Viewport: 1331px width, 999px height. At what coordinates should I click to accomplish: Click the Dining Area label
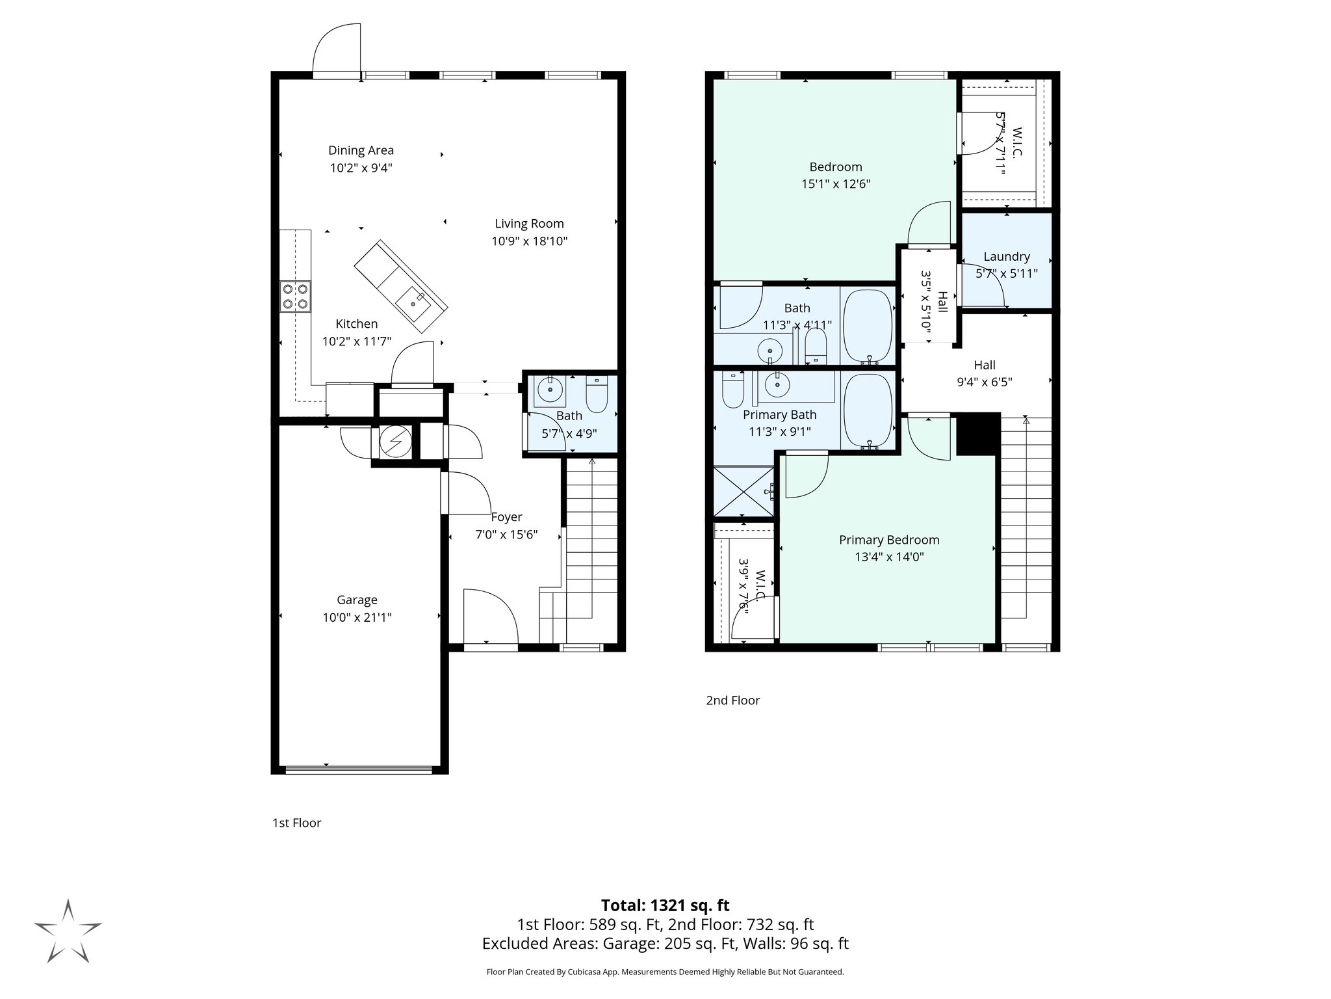[x=361, y=150]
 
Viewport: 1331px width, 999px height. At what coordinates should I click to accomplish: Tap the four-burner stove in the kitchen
[x=295, y=296]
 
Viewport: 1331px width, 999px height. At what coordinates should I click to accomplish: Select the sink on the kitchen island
[x=412, y=302]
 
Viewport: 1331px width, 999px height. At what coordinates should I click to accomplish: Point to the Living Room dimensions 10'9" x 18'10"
[x=529, y=241]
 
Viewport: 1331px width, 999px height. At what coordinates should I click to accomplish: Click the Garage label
[x=357, y=600]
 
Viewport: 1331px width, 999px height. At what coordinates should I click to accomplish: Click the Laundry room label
[x=1006, y=256]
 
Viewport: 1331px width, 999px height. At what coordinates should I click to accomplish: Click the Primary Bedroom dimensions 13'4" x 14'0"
[x=888, y=557]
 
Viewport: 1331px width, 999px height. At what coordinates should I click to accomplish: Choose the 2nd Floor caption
[x=732, y=700]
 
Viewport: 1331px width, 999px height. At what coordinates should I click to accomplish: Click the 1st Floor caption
[x=296, y=823]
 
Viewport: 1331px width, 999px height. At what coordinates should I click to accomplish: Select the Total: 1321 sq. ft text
[x=665, y=905]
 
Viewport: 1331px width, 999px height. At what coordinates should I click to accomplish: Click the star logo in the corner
[x=68, y=931]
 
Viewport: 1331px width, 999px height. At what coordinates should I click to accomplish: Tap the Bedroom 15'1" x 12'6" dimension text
[x=835, y=184]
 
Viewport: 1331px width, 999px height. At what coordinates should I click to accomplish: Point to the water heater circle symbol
[x=394, y=443]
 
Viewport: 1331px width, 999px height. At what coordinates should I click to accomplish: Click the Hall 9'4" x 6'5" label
[x=984, y=374]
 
